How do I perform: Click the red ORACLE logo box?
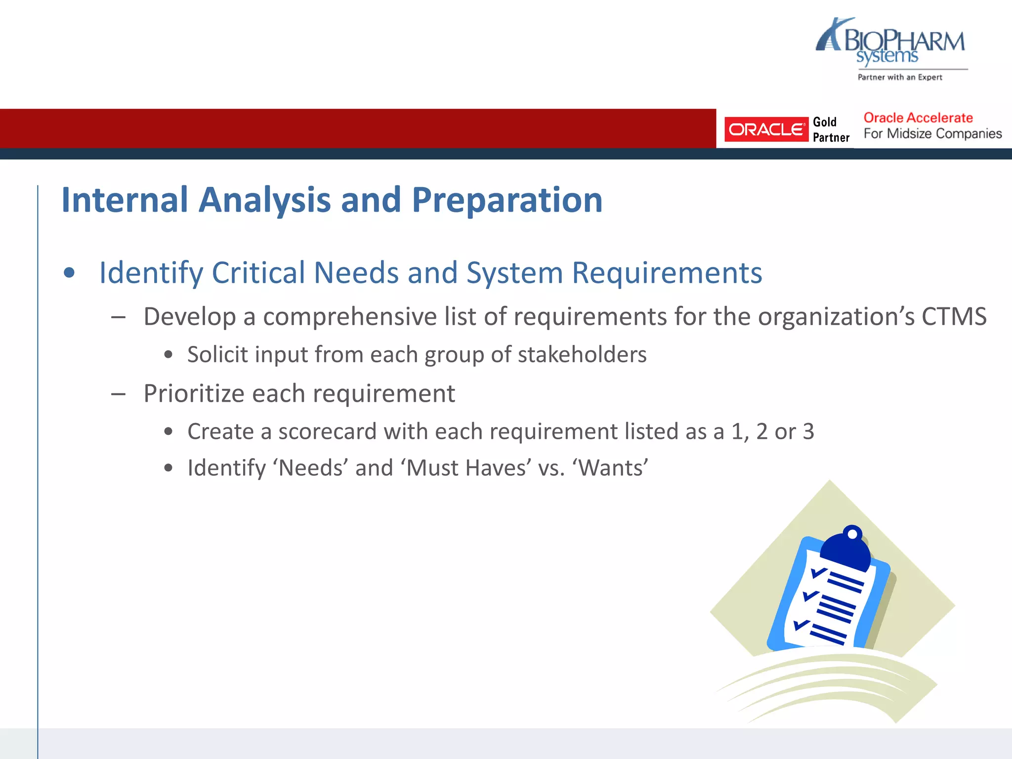pos(765,129)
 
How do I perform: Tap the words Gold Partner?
pos(831,130)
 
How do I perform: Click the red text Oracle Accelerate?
pos(918,118)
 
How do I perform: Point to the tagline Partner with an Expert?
pos(899,78)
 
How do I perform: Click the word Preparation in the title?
pos(507,201)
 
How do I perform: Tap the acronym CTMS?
pos(954,317)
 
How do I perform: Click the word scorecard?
pos(328,432)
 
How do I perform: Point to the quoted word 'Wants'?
pos(610,468)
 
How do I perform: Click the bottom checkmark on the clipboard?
pos(801,625)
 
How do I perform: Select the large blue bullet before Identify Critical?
pos(69,273)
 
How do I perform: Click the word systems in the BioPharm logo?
pos(886,57)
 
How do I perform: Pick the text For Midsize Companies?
pos(932,134)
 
